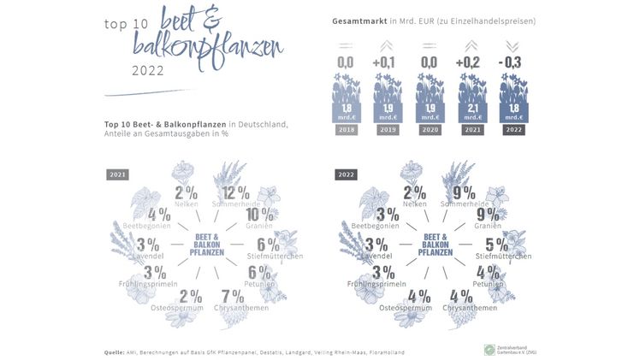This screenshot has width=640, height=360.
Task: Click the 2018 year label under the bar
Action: point(345,131)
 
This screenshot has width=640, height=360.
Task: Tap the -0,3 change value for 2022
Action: point(513,62)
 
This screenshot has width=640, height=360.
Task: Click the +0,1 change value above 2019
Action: point(386,62)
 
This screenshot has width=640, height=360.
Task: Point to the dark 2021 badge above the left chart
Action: point(118,174)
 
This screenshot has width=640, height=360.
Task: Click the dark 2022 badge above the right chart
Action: point(347,174)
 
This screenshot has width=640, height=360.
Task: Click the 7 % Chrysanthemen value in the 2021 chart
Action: point(232,295)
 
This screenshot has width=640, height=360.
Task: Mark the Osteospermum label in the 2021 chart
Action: point(179,308)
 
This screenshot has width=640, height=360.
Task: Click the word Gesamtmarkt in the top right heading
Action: point(359,21)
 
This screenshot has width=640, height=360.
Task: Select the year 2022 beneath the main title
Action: point(148,71)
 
